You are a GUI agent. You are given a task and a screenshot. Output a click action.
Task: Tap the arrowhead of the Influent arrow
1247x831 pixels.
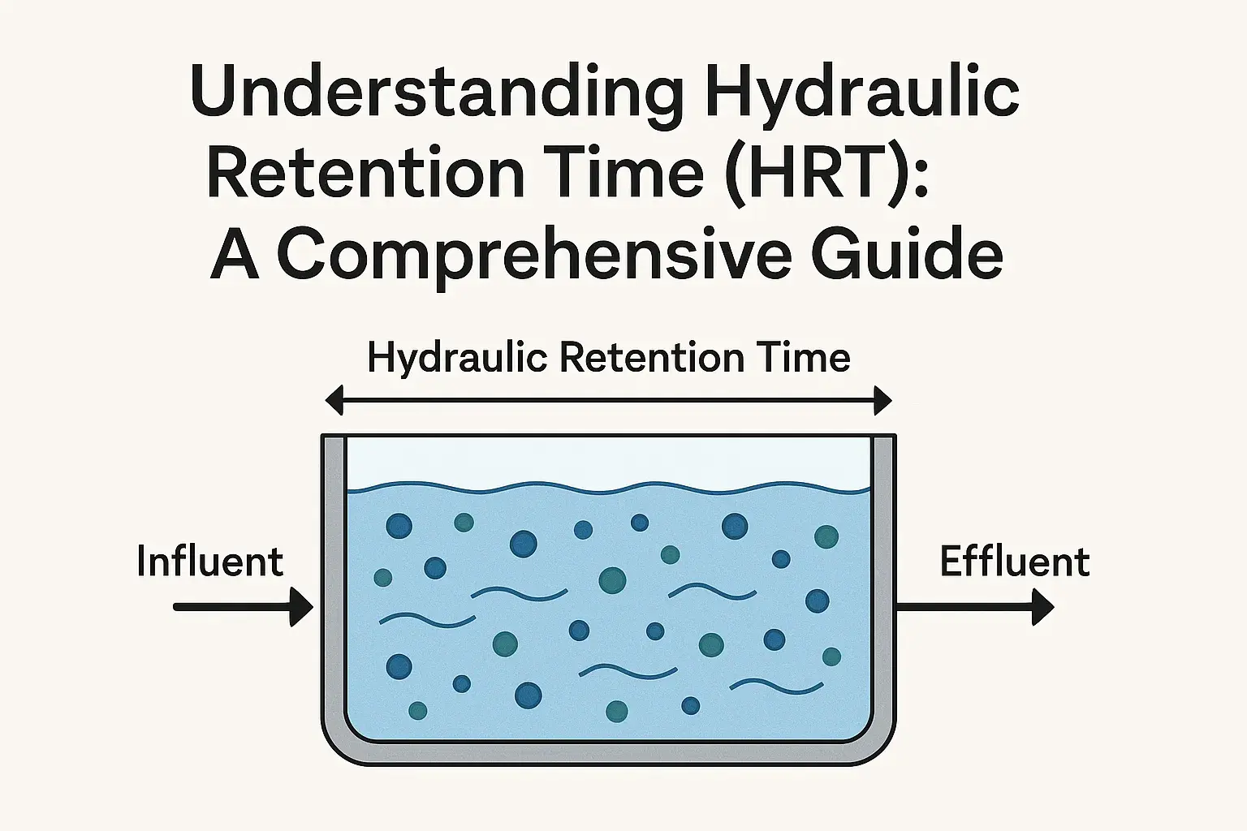pyautogui.click(x=301, y=607)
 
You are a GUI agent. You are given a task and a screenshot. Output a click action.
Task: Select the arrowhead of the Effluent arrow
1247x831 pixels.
pyautogui.click(x=1043, y=607)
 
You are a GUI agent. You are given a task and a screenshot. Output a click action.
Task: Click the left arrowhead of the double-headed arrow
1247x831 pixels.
pyautogui.click(x=334, y=401)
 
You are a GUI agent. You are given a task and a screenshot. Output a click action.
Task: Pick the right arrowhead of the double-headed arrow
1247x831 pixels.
pyautogui.click(x=883, y=401)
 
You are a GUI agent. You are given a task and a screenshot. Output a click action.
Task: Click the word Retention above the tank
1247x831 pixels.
pyautogui.click(x=651, y=358)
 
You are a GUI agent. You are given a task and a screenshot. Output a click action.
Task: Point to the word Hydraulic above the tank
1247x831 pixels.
pyautogui.click(x=457, y=360)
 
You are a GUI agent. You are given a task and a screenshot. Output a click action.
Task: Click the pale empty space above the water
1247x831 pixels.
pyautogui.click(x=608, y=461)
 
